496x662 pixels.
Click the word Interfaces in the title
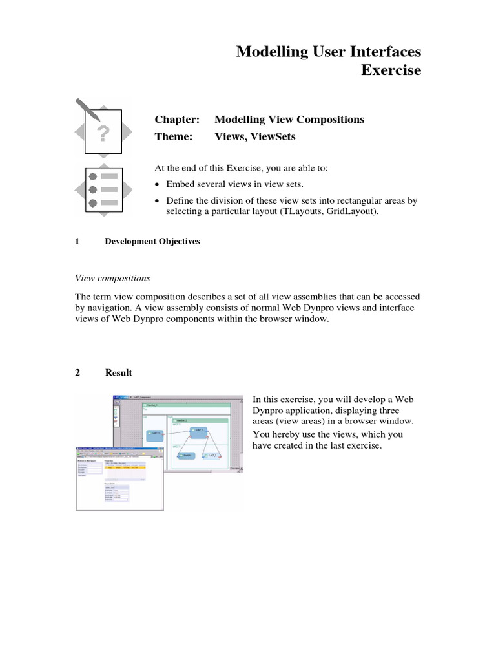pyautogui.click(x=380, y=51)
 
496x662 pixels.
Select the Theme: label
pyautogui.click(x=174, y=137)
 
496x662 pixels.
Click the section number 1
pyautogui.click(x=77, y=242)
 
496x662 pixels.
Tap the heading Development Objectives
pyautogui.click(x=152, y=242)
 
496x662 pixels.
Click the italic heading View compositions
pyautogui.click(x=113, y=278)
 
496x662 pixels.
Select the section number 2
pyautogui.click(x=77, y=373)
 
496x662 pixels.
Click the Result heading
pyautogui.click(x=119, y=373)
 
